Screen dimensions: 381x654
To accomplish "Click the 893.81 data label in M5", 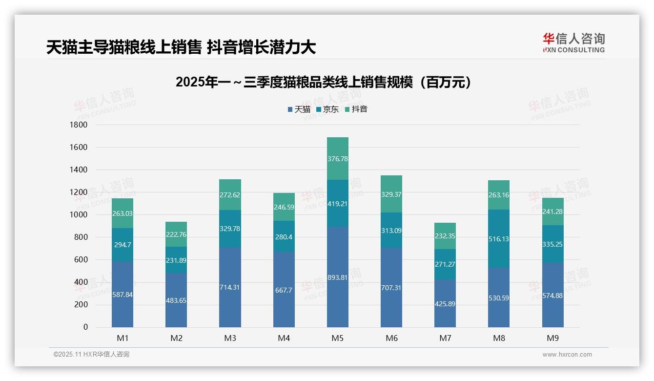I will [x=337, y=278].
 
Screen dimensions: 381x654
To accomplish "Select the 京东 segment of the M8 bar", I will [x=499, y=238].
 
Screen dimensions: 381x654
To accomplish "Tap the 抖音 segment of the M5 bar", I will [x=337, y=159].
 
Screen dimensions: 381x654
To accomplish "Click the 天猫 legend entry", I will [x=299, y=109].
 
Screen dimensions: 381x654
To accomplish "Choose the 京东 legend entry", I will [x=327, y=109].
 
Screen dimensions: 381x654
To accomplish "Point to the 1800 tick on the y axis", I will [x=79, y=125].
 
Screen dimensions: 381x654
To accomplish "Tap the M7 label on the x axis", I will [x=445, y=338].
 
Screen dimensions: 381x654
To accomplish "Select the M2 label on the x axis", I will [x=176, y=338].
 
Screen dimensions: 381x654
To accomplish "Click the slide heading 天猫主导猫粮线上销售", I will [x=181, y=47].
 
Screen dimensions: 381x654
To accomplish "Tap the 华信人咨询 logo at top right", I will [x=573, y=42].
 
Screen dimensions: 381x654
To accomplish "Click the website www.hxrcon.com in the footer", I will [x=567, y=355].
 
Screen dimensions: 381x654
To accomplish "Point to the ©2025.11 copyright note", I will [x=91, y=355].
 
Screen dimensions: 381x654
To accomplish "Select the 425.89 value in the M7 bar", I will [x=445, y=304].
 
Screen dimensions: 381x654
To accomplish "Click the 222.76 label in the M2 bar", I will [x=176, y=234].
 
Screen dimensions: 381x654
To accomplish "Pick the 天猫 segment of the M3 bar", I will [x=230, y=287].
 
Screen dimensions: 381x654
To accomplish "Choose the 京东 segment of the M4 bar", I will [x=284, y=236].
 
